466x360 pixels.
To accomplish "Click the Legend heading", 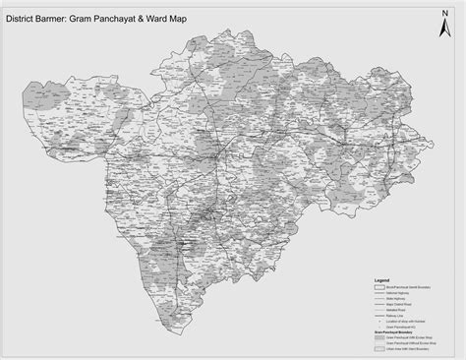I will [x=381, y=280].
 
